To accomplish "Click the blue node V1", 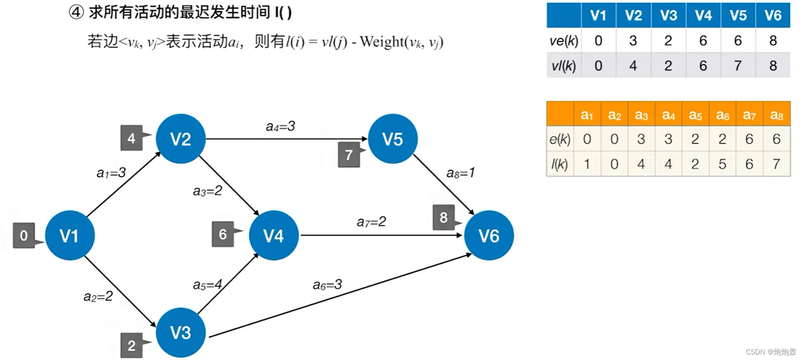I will (70, 235).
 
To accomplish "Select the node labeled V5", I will (392, 139).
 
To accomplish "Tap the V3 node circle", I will (181, 332).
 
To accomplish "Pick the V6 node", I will (489, 235).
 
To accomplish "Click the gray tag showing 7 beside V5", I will (349, 155).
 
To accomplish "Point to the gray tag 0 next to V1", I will (24, 235).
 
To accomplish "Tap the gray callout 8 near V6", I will (443, 217).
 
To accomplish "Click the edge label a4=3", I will (280, 127).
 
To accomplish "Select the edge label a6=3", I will (327, 285).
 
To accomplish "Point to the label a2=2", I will (98, 296).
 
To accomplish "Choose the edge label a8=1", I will (461, 173).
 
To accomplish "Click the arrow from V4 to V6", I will (381, 235).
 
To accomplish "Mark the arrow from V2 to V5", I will (286, 139).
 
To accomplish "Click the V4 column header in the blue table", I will (703, 16).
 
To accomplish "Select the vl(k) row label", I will (564, 66).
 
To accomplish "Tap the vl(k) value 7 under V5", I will (738, 66).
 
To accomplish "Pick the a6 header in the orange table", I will (722, 115).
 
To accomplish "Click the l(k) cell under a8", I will (776, 164).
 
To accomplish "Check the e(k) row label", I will (560, 139).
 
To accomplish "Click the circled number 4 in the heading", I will (76, 12).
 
